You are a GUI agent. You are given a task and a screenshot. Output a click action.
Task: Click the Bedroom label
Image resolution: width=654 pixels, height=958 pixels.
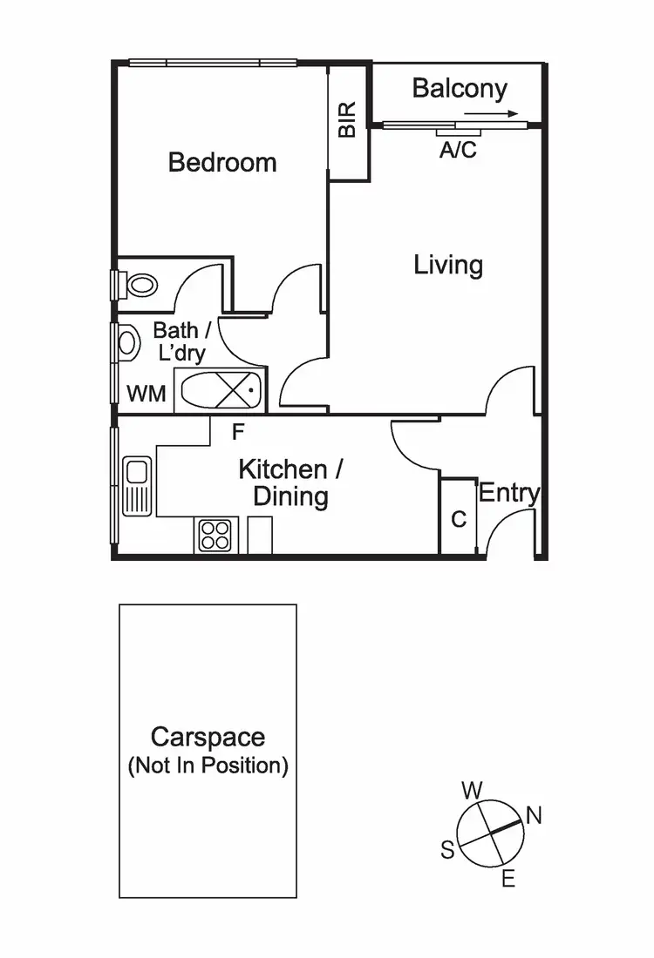pyautogui.click(x=222, y=163)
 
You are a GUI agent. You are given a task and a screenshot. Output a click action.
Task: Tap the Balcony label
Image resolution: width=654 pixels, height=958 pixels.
pyautogui.click(x=459, y=89)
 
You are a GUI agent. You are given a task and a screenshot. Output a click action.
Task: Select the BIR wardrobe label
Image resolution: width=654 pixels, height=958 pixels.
pyautogui.click(x=347, y=120)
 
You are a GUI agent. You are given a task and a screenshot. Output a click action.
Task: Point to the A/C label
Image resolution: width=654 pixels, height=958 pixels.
pyautogui.click(x=458, y=150)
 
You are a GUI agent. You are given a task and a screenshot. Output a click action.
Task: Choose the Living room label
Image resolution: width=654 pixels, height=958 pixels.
pyautogui.click(x=448, y=265)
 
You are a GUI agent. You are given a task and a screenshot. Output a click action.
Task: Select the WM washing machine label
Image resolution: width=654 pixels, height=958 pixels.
pyautogui.click(x=146, y=394)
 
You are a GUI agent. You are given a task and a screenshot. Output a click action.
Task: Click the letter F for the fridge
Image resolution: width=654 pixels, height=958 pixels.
pyautogui.click(x=238, y=430)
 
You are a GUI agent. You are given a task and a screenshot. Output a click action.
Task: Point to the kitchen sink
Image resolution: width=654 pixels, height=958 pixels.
pyautogui.click(x=137, y=486)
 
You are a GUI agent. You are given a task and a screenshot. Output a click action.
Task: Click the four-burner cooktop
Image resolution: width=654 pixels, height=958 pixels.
pyautogui.click(x=215, y=535)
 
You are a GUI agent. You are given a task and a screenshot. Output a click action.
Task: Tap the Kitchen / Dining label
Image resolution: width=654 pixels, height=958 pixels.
pyautogui.click(x=291, y=483)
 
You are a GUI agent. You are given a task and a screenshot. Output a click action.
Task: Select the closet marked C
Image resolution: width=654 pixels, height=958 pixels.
pyautogui.click(x=459, y=520)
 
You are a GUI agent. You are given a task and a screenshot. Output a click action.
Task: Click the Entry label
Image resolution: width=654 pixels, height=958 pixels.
pyautogui.click(x=509, y=493)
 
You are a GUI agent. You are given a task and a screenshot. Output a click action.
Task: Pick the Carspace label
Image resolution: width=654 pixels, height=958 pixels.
pyautogui.click(x=208, y=737)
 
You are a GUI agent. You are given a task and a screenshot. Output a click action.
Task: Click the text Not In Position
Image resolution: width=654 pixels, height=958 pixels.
pyautogui.click(x=208, y=766)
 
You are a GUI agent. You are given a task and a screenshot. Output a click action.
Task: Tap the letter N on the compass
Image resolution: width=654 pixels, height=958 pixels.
pyautogui.click(x=534, y=815)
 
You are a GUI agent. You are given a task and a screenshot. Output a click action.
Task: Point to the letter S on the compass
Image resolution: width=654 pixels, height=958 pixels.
pyautogui.click(x=447, y=850)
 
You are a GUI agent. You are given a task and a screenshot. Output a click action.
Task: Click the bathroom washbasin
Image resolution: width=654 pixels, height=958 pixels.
pyautogui.click(x=128, y=341)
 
